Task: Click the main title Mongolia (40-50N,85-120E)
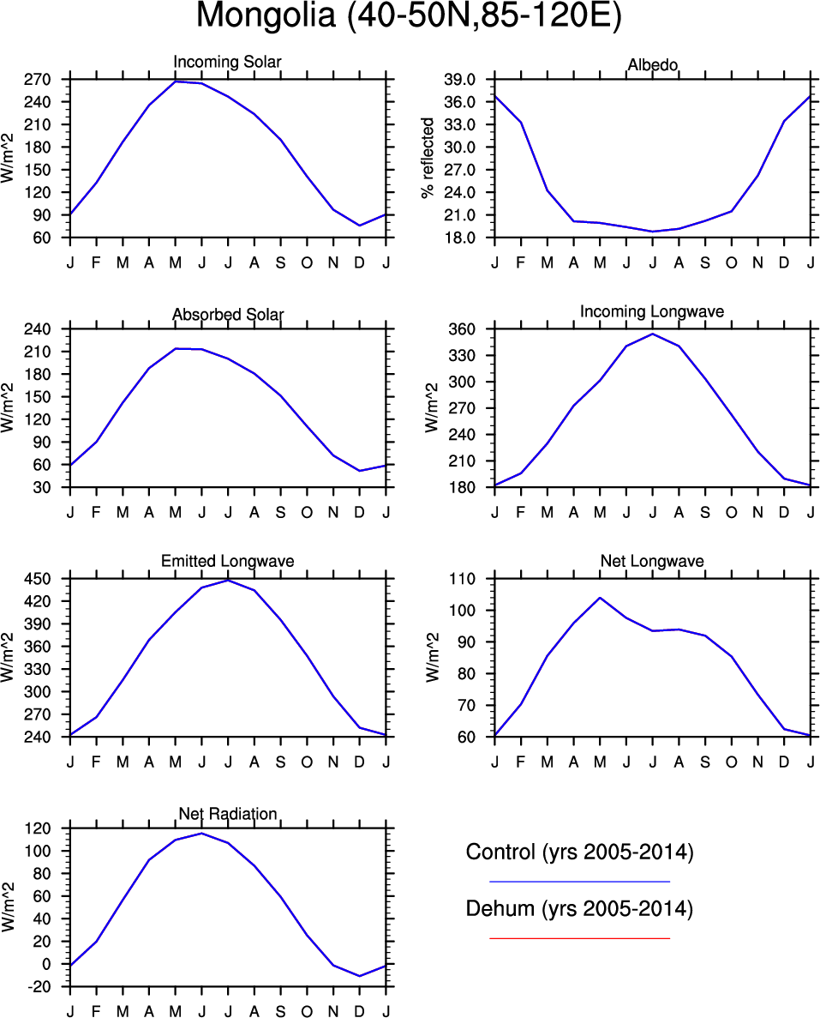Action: (409, 16)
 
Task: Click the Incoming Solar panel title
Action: (227, 63)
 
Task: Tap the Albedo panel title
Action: (653, 66)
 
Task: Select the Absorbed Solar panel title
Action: (227, 315)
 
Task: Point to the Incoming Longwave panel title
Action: (651, 311)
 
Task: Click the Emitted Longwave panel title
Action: (227, 561)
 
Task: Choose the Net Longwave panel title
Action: (653, 562)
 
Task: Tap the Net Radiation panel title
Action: (227, 813)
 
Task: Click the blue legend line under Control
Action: (579, 881)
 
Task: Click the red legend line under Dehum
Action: (579, 938)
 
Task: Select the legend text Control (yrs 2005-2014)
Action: (579, 852)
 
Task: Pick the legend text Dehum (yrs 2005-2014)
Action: (579, 909)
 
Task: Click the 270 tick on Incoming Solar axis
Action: (42, 80)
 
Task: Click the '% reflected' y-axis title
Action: (428, 159)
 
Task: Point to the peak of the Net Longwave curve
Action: (600, 598)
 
